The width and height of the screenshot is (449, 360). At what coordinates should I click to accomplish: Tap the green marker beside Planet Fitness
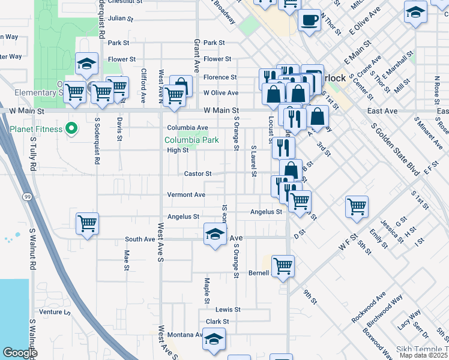[71, 128]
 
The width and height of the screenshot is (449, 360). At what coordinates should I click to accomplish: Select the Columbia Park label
[191, 140]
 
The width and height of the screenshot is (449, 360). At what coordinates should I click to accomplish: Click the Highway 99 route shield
[28, 197]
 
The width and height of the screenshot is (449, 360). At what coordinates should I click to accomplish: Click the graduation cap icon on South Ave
[214, 234]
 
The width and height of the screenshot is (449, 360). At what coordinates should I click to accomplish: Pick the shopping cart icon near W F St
[357, 207]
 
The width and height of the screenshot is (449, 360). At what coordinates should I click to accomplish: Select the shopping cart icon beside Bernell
[283, 265]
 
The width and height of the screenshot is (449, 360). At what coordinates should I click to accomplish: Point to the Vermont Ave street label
[186, 195]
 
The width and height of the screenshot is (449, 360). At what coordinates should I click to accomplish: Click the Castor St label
[197, 174]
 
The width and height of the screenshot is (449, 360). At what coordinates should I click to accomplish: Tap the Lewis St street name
[228, 310]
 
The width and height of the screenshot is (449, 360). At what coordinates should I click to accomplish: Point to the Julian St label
[120, 18]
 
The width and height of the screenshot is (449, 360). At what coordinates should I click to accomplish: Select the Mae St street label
[127, 259]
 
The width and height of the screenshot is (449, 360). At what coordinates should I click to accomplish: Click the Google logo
[19, 353]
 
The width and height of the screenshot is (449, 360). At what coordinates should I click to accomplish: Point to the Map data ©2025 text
[424, 355]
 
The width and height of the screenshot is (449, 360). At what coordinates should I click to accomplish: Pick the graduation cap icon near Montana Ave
[214, 339]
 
